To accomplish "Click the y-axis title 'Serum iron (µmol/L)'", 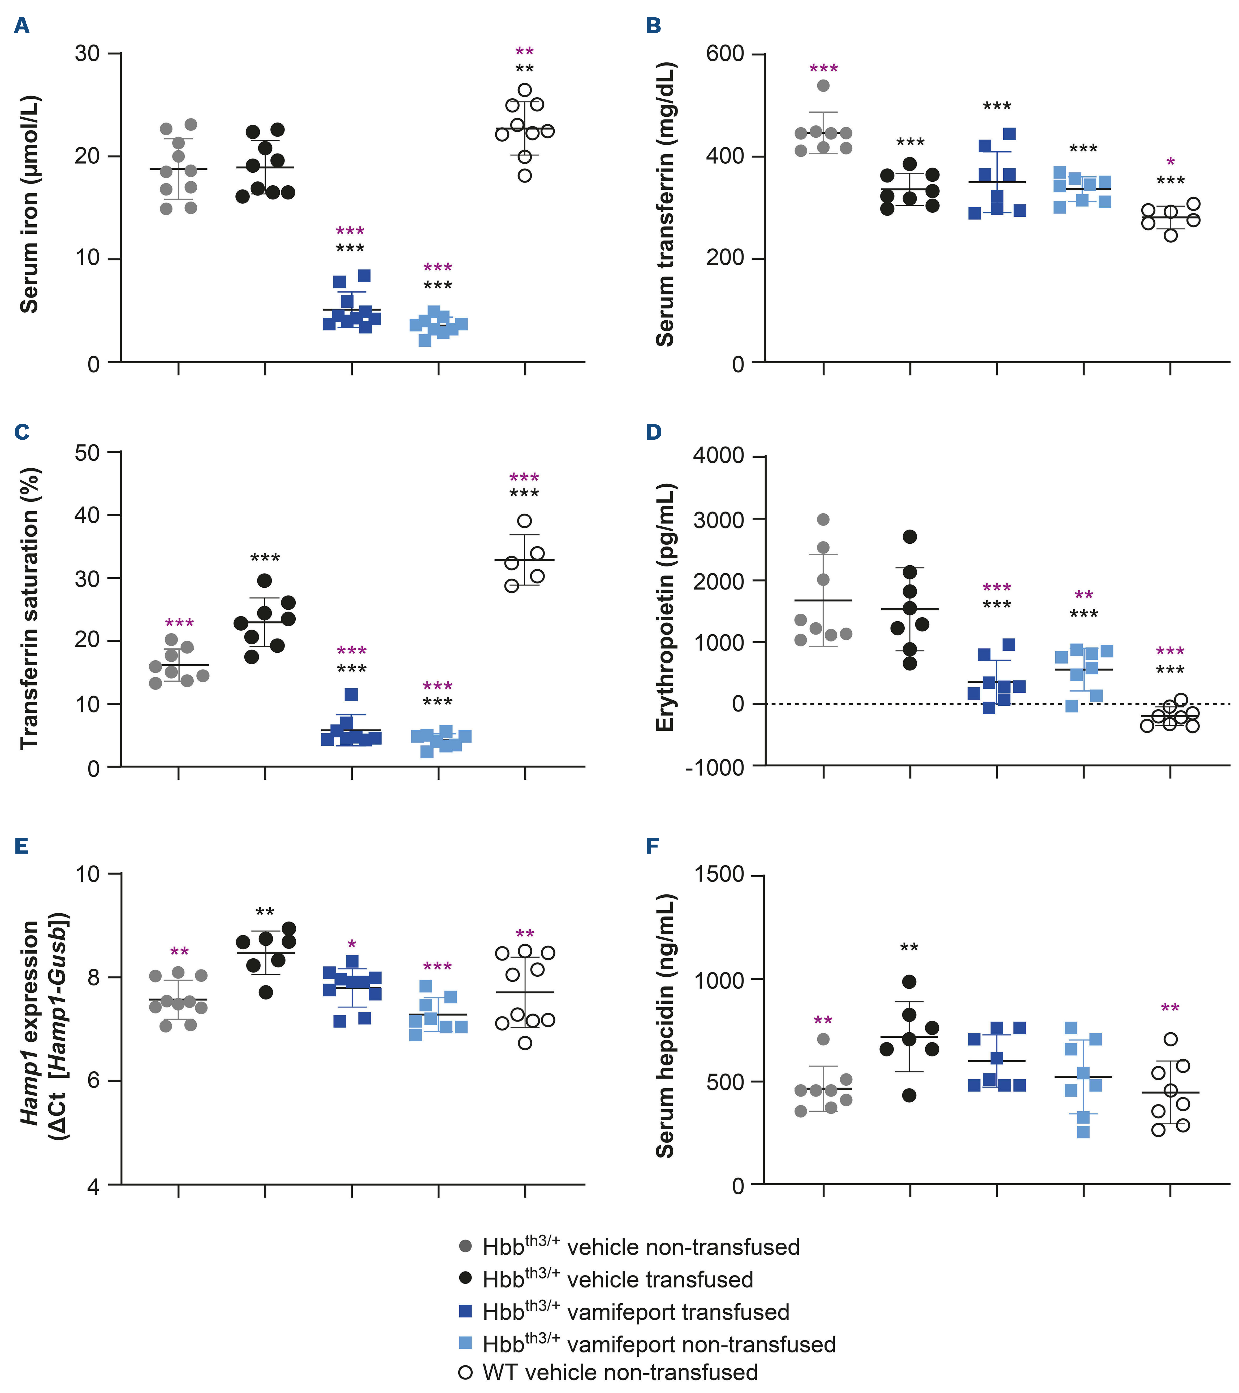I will pyautogui.click(x=29, y=204).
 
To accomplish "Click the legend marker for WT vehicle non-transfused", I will pyautogui.click(x=466, y=1372).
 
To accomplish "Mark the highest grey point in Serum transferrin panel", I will pyautogui.click(x=823, y=86).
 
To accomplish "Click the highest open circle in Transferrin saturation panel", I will pyautogui.click(x=524, y=521).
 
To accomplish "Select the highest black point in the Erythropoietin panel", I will pyautogui.click(x=910, y=536).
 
